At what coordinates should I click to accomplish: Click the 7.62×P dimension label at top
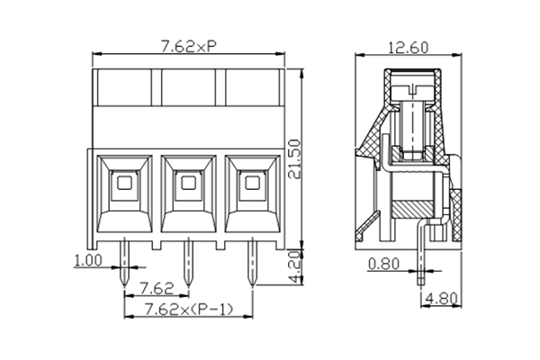click(x=187, y=47)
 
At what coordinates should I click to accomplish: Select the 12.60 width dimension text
click(x=407, y=47)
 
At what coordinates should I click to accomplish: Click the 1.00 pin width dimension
click(x=86, y=262)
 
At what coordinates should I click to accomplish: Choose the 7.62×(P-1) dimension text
click(x=187, y=310)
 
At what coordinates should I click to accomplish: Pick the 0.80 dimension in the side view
click(x=383, y=265)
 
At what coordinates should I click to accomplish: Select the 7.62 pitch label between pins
click(x=157, y=289)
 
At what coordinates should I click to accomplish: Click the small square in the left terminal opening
click(x=124, y=184)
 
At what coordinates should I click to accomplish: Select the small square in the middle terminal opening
click(x=187, y=184)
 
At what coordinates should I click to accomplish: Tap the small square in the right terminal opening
click(x=251, y=184)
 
